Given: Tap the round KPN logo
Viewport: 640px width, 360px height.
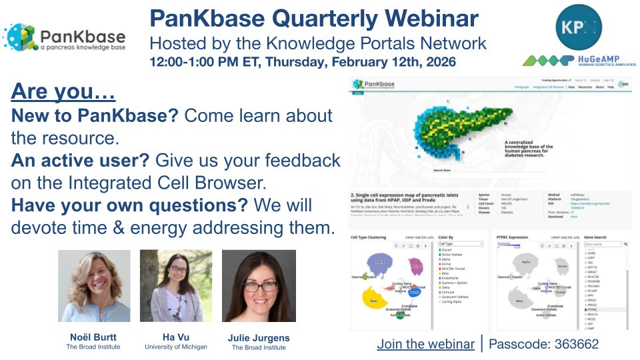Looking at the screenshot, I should coord(578,28).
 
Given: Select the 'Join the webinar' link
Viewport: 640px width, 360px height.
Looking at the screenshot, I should coord(425,345).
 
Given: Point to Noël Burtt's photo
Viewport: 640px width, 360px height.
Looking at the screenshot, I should coord(94,286).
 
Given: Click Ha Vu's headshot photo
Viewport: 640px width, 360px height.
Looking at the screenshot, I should coord(176,286).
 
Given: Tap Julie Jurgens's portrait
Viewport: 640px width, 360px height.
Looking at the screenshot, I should coord(258,286).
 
